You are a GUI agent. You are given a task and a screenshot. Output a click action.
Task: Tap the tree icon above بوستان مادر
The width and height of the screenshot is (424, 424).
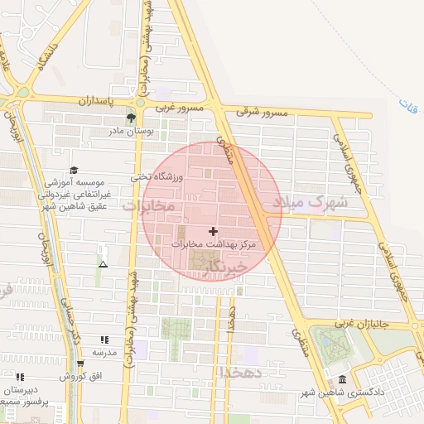pyautogui.click(x=131, y=118)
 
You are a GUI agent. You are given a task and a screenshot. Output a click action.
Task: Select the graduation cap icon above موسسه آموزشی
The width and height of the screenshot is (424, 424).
pyautogui.click(x=74, y=170)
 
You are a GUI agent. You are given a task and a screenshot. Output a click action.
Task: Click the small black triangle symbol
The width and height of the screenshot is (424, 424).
pyautogui.click(x=103, y=264)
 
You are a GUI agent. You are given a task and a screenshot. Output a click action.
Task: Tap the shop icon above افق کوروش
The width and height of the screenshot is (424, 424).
pyautogui.click(x=80, y=364)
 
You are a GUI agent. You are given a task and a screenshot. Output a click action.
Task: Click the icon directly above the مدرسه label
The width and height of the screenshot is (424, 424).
pyautogui.click(x=104, y=340)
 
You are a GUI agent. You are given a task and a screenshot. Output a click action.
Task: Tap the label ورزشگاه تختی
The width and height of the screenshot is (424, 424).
pyautogui.click(x=152, y=176)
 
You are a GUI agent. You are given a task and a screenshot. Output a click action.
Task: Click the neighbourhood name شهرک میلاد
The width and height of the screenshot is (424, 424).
pyautogui.click(x=318, y=201)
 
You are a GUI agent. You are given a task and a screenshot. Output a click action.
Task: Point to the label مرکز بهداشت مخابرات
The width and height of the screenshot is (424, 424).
pyautogui.click(x=214, y=245)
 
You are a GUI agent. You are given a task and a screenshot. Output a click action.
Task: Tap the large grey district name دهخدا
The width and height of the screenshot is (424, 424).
pyautogui.click(x=241, y=373)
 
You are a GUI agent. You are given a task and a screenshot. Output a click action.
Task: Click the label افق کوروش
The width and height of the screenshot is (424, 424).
pyautogui.click(x=80, y=376)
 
